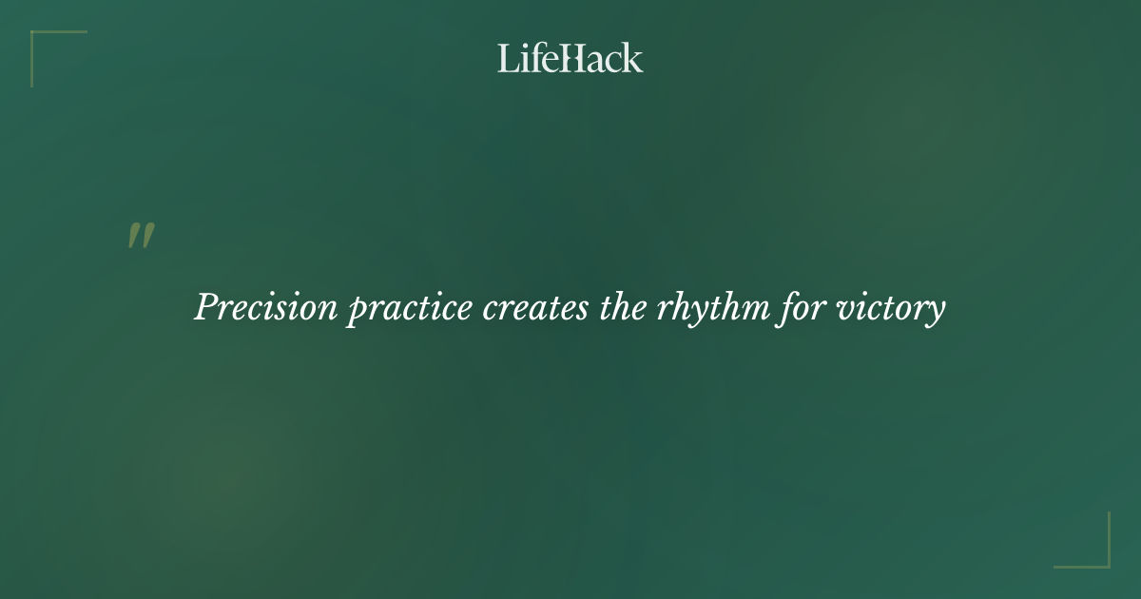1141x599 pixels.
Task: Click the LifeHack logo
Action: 570,58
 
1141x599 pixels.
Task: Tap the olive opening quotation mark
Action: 141,237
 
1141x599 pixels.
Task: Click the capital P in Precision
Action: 206,307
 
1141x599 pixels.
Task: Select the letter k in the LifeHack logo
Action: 633,58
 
